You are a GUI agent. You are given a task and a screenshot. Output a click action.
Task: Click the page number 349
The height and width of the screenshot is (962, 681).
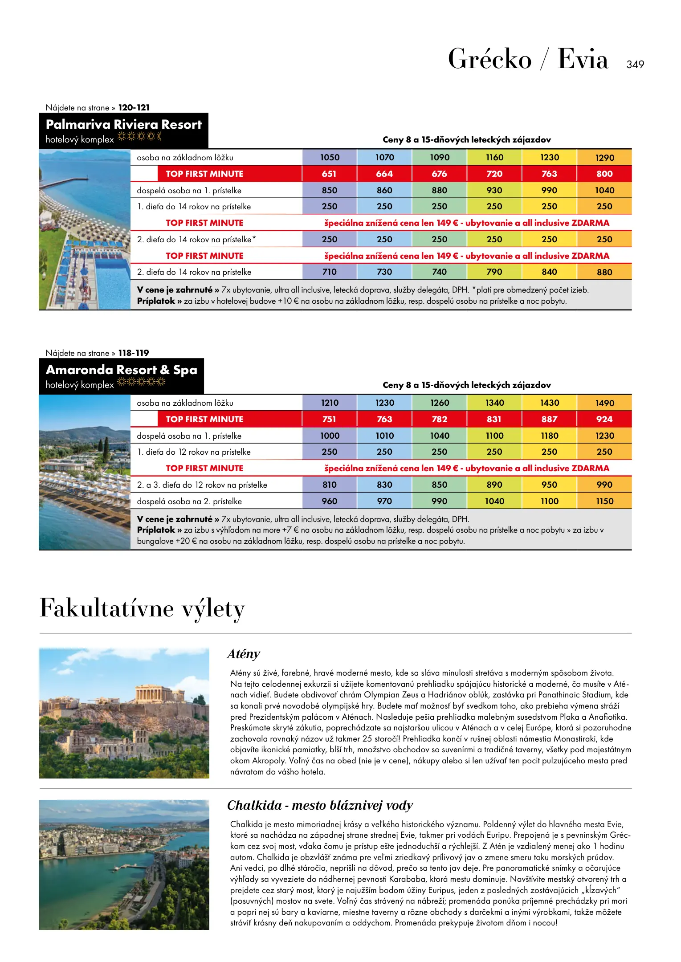[x=635, y=65]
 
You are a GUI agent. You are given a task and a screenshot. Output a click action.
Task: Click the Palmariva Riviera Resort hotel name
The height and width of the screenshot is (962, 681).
[x=123, y=124]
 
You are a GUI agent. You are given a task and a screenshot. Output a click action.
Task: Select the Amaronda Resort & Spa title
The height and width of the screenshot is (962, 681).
[x=121, y=370]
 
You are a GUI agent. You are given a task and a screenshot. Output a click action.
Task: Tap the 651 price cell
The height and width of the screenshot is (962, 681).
[x=329, y=174]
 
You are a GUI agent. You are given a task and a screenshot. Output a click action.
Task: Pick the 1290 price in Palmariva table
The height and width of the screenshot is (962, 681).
[x=604, y=158]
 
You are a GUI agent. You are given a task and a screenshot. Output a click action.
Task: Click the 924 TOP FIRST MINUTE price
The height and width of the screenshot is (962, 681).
[x=604, y=419]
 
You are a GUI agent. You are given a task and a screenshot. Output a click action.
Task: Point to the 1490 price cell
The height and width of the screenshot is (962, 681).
[x=604, y=403]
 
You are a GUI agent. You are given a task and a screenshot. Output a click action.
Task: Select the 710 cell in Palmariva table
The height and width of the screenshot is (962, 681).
[x=329, y=272]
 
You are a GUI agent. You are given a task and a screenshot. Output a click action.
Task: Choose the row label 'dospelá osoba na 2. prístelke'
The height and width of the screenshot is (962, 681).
[x=189, y=501]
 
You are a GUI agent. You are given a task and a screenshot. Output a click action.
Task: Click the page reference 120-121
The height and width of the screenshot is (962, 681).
[x=134, y=108]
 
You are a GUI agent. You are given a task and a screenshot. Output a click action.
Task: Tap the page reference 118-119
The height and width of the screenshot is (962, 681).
[x=134, y=353]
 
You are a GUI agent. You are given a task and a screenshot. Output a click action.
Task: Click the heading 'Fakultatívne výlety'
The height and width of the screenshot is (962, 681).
[x=142, y=608]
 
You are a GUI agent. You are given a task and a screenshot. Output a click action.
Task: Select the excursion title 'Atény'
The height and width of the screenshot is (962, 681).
[x=243, y=654]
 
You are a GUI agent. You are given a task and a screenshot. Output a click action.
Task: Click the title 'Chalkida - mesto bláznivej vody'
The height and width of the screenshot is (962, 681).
[x=320, y=805]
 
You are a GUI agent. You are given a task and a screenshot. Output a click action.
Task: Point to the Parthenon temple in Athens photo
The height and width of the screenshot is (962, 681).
[x=154, y=693]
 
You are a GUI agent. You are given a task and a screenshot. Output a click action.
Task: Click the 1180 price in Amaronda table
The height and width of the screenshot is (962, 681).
[x=549, y=436]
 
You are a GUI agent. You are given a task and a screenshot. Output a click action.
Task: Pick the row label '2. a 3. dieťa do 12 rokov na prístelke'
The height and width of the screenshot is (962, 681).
[x=202, y=485]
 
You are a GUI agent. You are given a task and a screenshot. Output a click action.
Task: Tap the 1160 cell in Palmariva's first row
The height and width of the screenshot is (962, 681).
[x=494, y=158]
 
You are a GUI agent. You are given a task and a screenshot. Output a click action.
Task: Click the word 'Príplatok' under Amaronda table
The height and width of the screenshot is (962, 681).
[x=156, y=530]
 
